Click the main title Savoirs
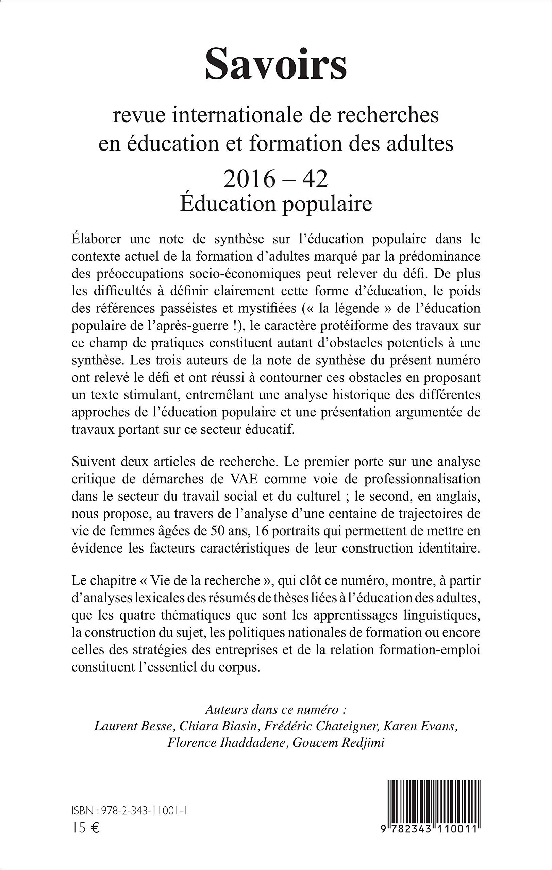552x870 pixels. tap(276, 64)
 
